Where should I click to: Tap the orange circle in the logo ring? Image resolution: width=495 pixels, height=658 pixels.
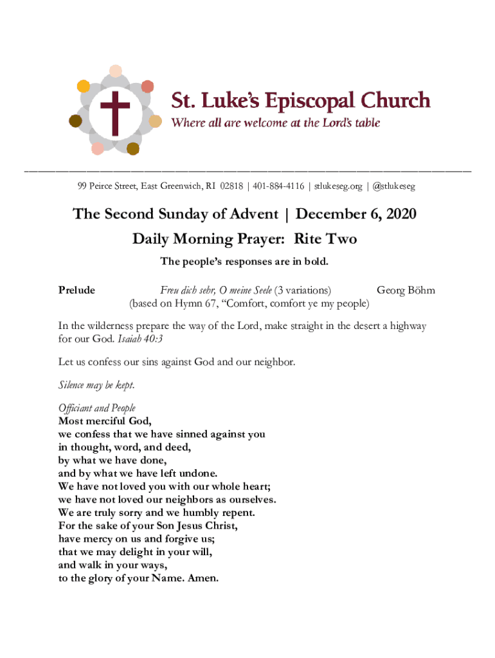(x=84, y=86)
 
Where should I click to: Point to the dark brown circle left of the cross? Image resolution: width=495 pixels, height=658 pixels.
(x=75, y=121)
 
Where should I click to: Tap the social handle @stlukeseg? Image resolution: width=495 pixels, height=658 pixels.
(x=393, y=186)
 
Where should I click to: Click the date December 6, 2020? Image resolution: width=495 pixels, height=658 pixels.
(x=355, y=213)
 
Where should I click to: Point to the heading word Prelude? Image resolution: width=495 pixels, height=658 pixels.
(x=76, y=290)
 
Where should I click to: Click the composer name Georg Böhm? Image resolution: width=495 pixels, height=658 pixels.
(x=406, y=290)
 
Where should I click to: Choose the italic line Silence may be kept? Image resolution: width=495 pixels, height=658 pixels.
(x=96, y=385)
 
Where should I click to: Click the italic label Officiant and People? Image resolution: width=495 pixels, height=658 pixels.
(x=97, y=408)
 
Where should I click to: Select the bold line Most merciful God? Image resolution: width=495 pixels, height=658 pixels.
(x=105, y=422)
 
